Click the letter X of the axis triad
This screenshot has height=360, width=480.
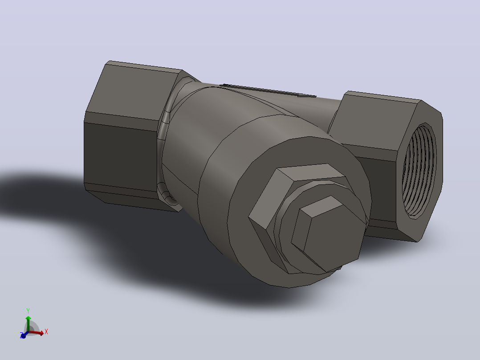[46, 331]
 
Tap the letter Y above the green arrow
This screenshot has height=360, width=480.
[28, 311]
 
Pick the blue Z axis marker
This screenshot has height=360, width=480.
[23, 335]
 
